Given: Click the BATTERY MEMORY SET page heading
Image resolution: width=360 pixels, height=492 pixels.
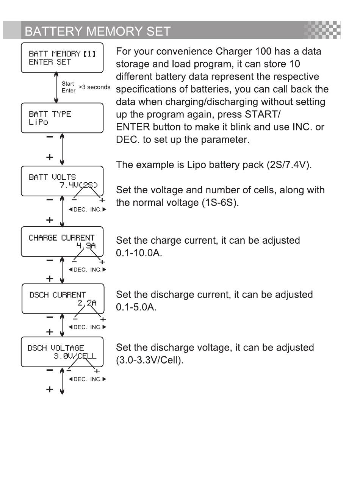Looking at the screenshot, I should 97,31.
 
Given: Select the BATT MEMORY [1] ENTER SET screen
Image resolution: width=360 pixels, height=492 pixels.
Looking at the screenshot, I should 62,58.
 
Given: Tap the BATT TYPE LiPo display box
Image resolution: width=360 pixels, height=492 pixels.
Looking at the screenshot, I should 62,118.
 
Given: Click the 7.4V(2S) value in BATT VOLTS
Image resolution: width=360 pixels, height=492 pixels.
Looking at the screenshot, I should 78,185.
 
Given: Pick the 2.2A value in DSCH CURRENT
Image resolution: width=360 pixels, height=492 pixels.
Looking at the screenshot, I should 87,302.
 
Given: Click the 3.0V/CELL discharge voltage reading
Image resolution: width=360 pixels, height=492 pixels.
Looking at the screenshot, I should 75,356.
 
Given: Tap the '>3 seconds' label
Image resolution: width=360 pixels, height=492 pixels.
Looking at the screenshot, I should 94,87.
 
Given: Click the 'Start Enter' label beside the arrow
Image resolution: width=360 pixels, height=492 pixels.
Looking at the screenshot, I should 68,87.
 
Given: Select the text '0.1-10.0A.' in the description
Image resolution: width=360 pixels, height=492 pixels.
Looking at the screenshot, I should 139,253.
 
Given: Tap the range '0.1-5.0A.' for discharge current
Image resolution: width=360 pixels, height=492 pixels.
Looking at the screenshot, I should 136,307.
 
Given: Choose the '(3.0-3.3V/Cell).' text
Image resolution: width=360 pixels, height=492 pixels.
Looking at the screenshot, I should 150,360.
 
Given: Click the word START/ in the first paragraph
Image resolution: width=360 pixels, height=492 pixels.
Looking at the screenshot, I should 263,114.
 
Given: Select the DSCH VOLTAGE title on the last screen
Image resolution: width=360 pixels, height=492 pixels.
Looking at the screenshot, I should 56,348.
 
